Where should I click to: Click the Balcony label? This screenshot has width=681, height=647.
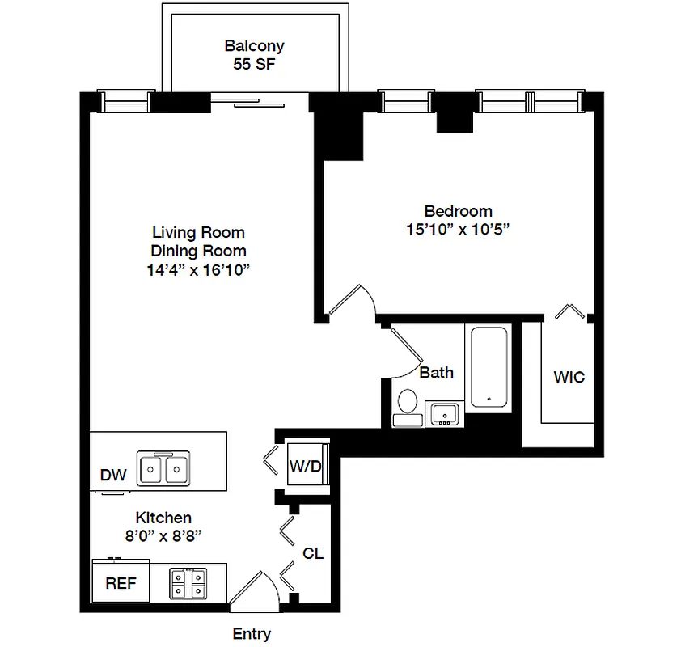[254, 46]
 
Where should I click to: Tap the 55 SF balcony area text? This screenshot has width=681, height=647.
[254, 65]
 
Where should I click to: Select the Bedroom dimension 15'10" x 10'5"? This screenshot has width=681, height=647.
[457, 229]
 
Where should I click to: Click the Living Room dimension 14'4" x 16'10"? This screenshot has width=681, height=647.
[198, 270]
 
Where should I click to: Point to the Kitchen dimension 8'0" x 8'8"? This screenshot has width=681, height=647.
[163, 535]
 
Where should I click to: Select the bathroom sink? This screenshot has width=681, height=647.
[443, 413]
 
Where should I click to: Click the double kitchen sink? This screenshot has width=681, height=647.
[164, 468]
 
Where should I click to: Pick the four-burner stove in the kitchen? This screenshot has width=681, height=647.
[188, 583]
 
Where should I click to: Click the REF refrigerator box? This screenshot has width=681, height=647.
[121, 583]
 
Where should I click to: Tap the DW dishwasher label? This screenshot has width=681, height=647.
[113, 476]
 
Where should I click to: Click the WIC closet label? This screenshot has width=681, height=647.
[569, 377]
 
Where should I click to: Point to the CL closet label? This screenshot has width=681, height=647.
[313, 554]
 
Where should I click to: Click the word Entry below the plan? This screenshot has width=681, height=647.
[252, 634]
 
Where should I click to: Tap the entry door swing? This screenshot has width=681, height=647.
[257, 588]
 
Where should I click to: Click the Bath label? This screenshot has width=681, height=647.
[436, 373]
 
